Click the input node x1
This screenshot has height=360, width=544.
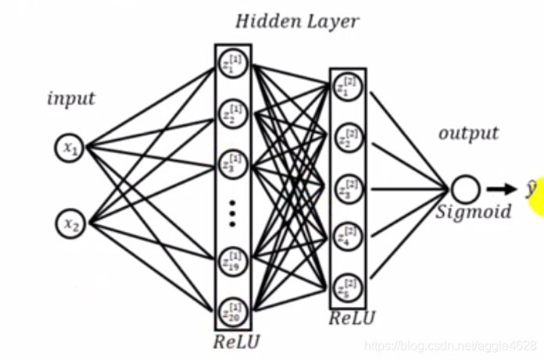70,147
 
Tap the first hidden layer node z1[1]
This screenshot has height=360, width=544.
232,63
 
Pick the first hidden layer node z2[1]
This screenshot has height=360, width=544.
232,115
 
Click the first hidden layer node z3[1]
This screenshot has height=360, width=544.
232,166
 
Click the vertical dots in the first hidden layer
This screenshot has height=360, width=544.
232,213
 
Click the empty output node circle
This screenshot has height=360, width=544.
463,189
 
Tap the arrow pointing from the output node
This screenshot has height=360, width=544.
500,189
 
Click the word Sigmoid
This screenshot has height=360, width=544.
474,212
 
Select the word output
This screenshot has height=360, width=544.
468,133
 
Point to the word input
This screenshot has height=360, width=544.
71,99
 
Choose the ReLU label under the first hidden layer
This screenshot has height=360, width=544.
237,341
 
